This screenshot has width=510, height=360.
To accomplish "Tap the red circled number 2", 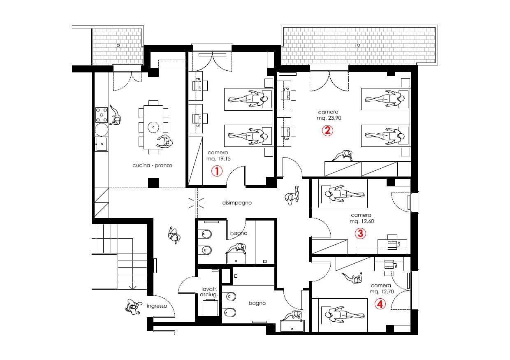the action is point(327,131).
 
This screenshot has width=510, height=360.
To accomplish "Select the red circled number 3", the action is point(361,233).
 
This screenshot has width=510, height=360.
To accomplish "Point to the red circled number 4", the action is point(380,304).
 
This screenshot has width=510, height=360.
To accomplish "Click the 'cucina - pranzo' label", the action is point(152,165).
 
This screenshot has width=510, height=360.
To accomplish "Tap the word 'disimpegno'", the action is point(237,203).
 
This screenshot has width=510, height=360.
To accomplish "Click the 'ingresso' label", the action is point(157,306).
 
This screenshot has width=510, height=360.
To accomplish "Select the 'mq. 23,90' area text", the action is point(329,118).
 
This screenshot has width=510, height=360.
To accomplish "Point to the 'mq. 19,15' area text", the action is point(218,159).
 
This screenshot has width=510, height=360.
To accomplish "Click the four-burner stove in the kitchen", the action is point(102,115).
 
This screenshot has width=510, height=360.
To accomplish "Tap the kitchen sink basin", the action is point(102,144).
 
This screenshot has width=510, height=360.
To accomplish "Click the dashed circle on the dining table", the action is point(153,127).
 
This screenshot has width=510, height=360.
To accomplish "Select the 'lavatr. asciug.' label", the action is point(209,292).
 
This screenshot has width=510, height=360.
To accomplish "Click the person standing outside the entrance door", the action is point(133,307).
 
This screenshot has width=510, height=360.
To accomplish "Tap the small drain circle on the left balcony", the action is point(118,46).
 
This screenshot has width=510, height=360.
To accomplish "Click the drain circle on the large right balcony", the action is point(358,45).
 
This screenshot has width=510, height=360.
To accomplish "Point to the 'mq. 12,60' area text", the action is point(362,221).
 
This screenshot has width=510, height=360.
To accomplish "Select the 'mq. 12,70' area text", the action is point(382,291).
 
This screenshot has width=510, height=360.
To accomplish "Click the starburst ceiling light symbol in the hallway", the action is point(196,203).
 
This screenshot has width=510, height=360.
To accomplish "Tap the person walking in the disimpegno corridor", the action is point(292,195).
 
